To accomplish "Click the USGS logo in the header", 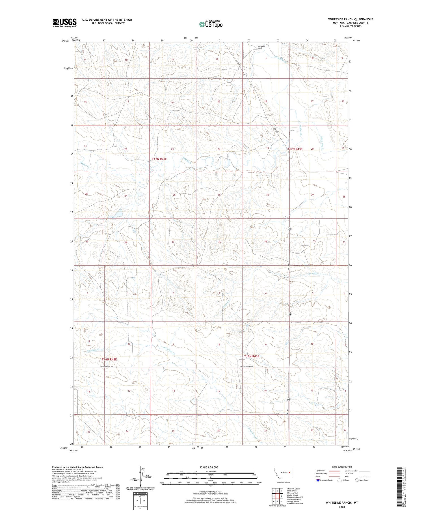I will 64,23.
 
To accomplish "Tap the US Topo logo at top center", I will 211,24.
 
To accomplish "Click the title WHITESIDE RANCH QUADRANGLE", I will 350,19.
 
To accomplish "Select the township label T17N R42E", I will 159,159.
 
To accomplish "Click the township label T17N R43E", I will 295,149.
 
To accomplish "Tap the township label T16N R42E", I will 109,359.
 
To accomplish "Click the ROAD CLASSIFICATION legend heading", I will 342,467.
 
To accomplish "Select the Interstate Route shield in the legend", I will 318,480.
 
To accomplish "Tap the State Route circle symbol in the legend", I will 357,480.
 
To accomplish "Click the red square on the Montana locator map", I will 289,472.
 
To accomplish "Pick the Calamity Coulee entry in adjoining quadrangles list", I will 294,499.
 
